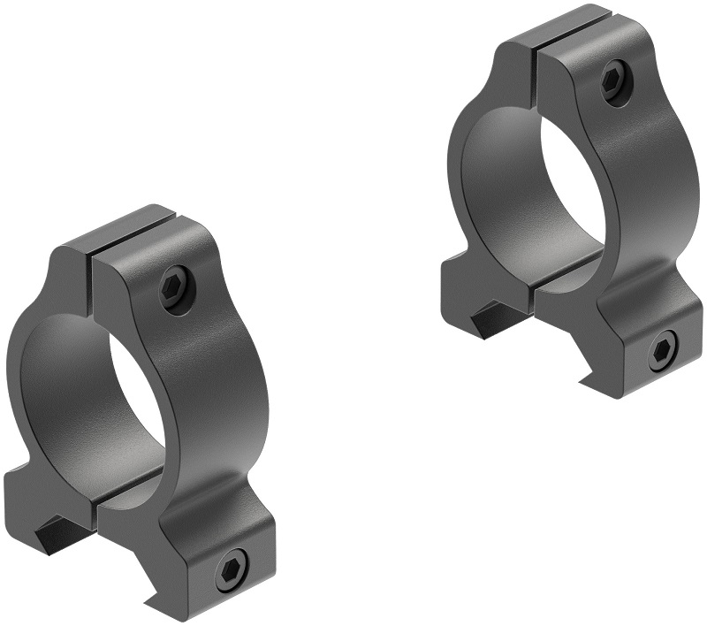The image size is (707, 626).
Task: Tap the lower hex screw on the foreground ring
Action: click(232, 568)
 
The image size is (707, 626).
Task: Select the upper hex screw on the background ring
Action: click(614, 82)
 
